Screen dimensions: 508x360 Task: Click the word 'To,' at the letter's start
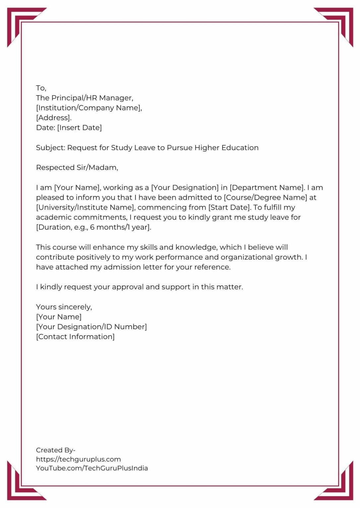[41, 88]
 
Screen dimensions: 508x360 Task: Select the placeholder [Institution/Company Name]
[89, 108]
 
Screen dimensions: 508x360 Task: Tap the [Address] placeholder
[53, 118]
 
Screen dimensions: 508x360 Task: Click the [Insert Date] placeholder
[80, 128]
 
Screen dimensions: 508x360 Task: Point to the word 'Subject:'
[50, 148]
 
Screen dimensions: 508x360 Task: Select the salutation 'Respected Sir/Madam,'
[77, 168]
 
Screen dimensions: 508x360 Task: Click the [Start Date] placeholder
[229, 207]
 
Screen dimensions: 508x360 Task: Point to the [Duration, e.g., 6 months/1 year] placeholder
[93, 227]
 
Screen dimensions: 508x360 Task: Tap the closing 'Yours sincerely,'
[64, 307]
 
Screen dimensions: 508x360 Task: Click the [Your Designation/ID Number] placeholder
[91, 327]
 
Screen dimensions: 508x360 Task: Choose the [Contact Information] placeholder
[75, 337]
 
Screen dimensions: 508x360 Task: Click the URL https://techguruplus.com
[78, 459]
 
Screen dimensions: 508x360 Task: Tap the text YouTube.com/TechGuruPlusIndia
[92, 468]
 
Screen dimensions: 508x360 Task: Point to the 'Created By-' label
[56, 450]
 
